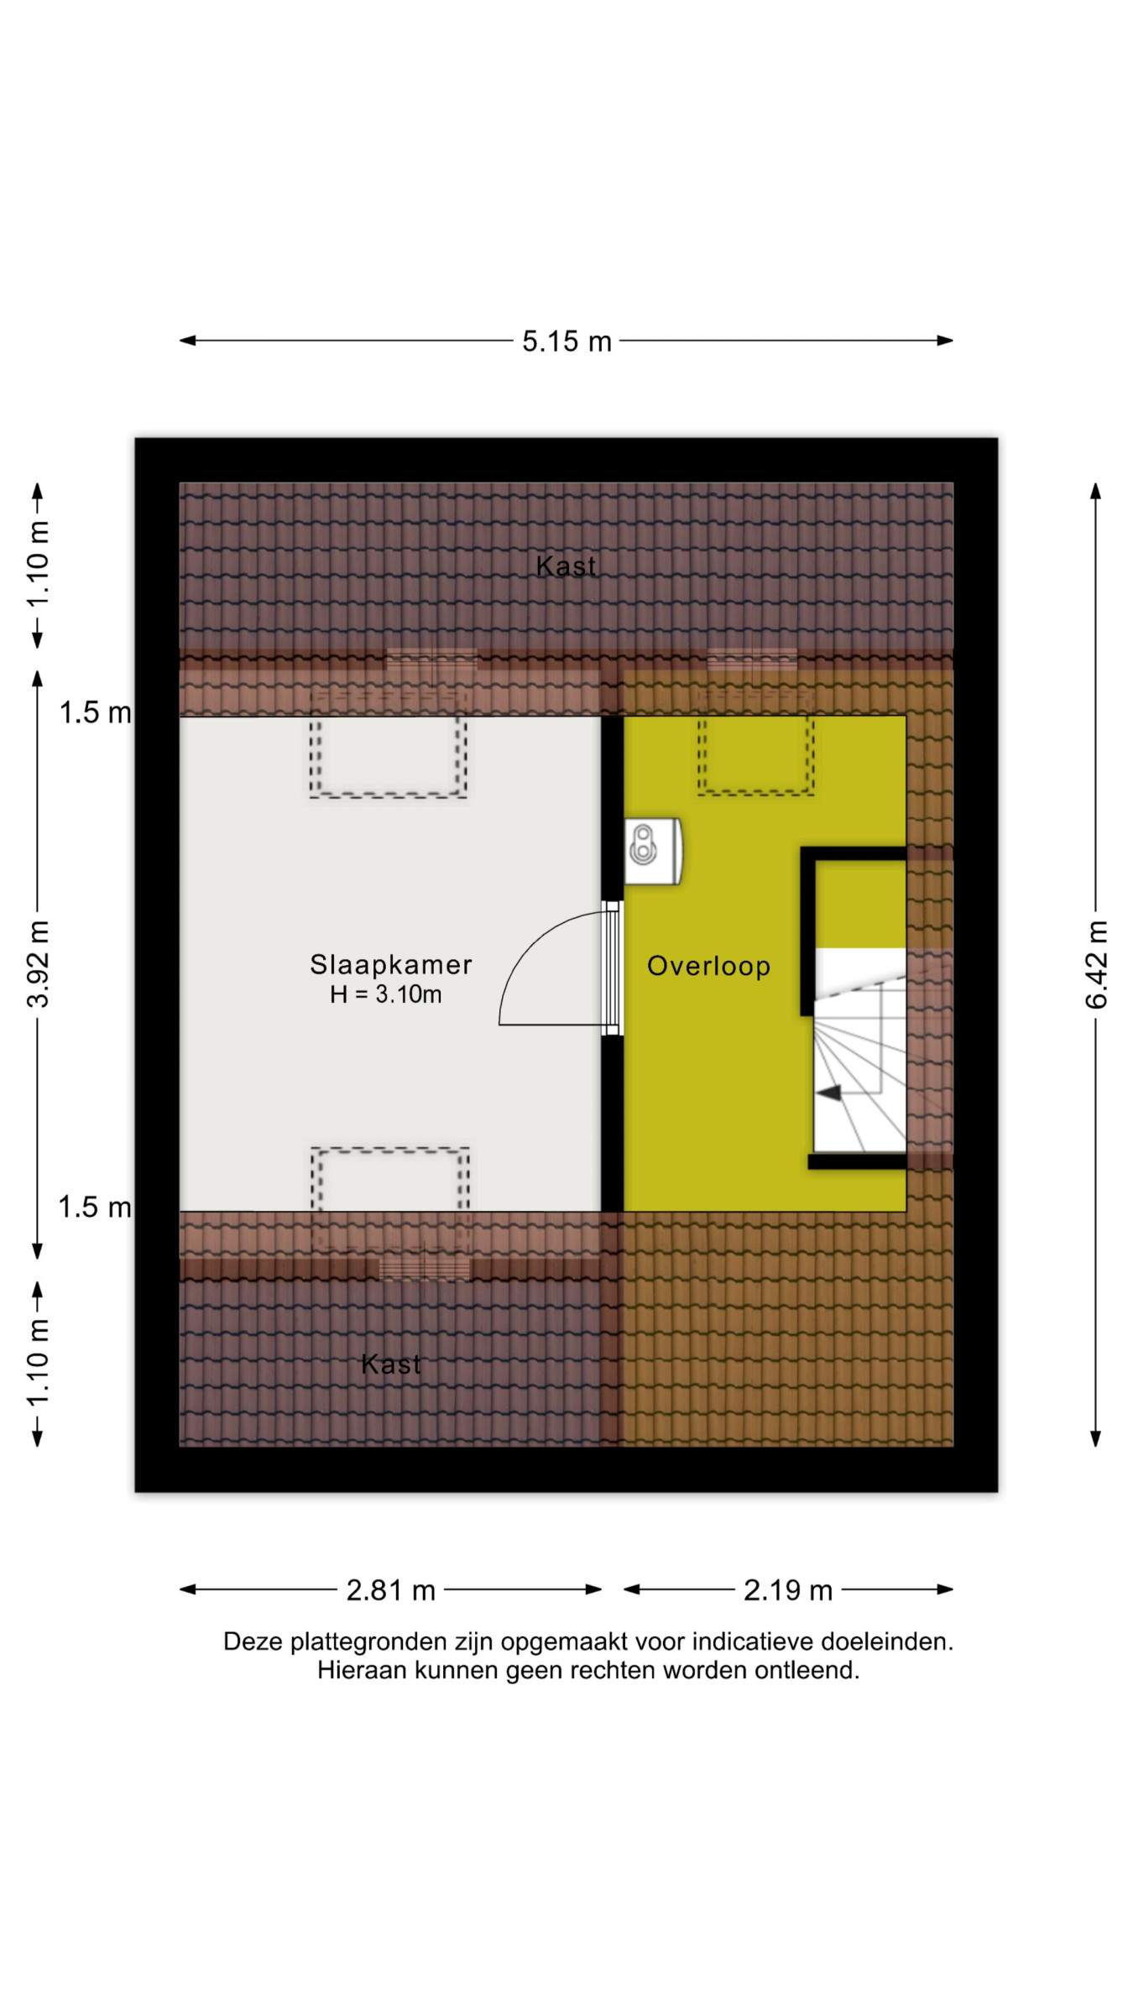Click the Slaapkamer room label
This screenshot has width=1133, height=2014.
391,965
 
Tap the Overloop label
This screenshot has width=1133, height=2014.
708,966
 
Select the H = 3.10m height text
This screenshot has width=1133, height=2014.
386,994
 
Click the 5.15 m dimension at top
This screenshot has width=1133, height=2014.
566,342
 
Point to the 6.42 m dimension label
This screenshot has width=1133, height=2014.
1096,964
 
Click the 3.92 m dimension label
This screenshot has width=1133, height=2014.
38,963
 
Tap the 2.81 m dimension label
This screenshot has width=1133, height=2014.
391,1590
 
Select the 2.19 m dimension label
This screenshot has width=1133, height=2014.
788,1590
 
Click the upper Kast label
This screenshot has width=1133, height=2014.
566,566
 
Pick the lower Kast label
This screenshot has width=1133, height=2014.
390,1364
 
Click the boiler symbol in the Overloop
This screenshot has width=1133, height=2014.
653,851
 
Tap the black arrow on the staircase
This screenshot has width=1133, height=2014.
829,1093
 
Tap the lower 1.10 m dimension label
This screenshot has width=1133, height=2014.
38,1363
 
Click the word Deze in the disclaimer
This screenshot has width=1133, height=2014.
253,1642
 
